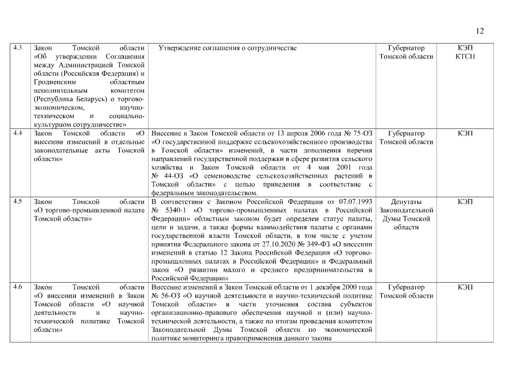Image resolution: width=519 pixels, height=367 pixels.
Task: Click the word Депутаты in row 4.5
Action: pos(406,202)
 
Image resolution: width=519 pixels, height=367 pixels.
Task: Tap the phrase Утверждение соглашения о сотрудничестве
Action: pos(228,48)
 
